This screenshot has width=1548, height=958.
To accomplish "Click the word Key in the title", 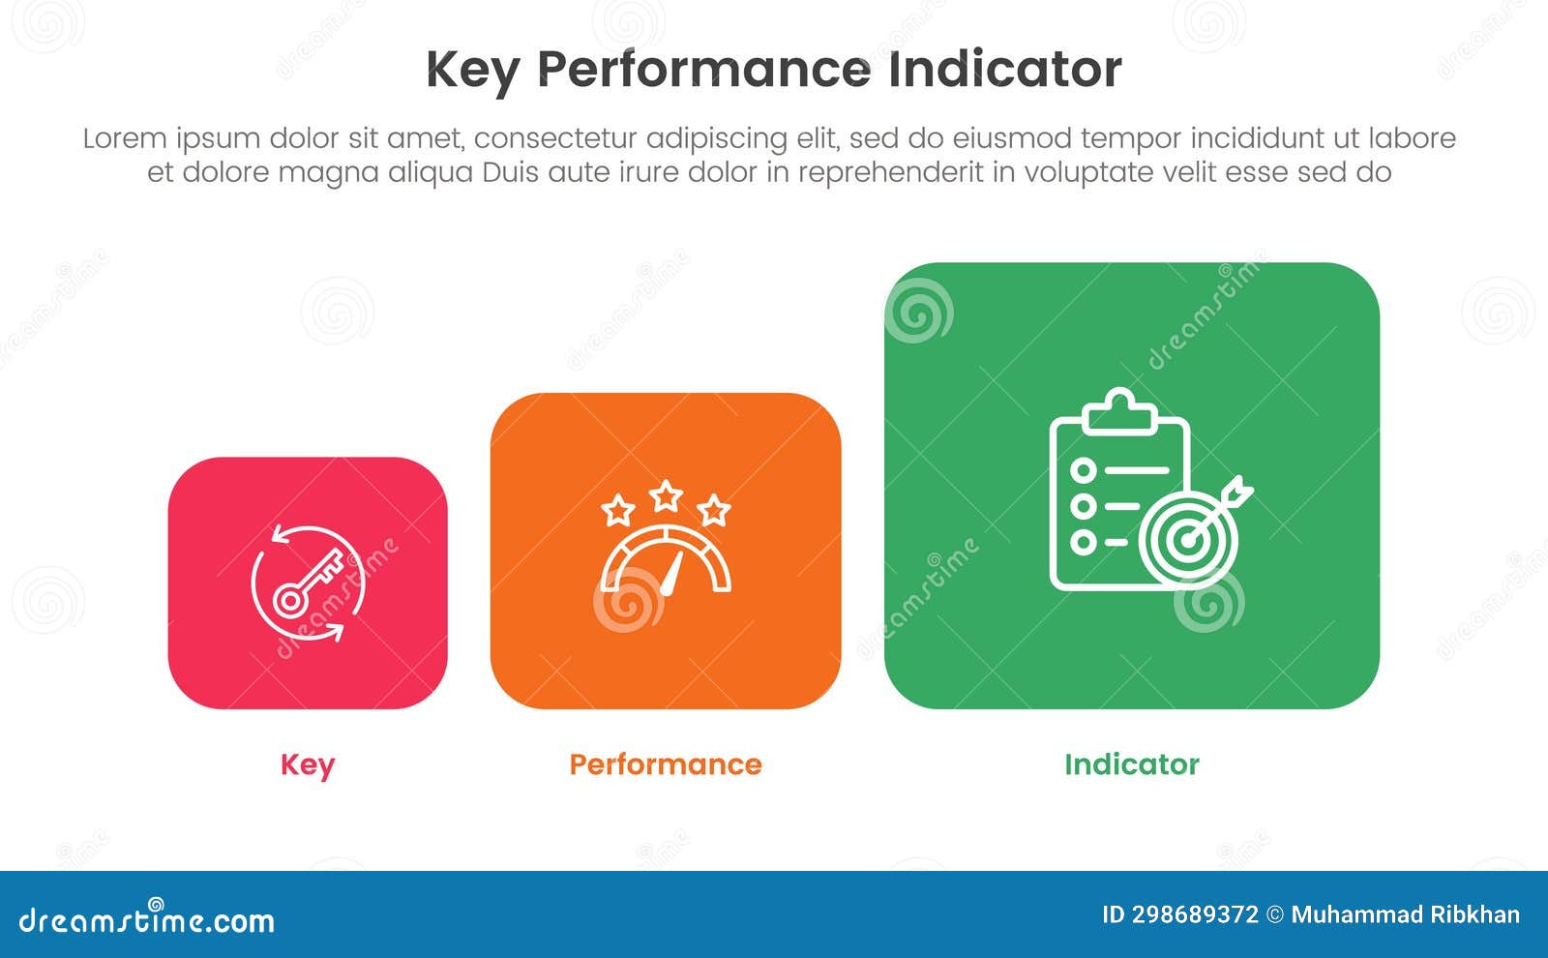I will (472, 71).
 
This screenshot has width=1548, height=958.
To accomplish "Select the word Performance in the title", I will (703, 71).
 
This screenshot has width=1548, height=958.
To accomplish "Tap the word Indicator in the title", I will (1004, 70).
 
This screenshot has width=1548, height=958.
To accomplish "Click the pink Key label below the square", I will (308, 764).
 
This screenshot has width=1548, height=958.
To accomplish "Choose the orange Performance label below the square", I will (666, 764).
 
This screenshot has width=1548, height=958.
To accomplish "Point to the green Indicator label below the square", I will (1131, 764).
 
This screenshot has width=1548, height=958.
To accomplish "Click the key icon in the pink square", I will (308, 583).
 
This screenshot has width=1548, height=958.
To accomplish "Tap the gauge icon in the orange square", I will (666, 561).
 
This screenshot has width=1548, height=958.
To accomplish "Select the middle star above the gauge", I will (666, 496).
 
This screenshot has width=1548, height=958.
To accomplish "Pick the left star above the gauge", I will (617, 510).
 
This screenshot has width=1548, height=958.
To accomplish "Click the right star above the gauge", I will (714, 509).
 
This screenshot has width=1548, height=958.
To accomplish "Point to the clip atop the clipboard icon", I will (1120, 410).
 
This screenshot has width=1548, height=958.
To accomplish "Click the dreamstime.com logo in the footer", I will (147, 919).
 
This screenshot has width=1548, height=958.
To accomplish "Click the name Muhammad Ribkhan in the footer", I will (1405, 915).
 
